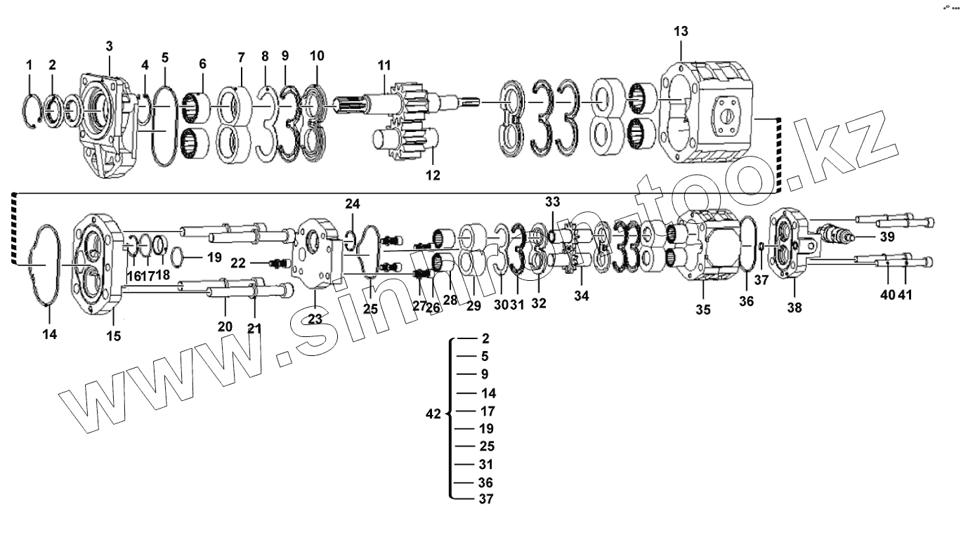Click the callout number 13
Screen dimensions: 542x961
[x=681, y=32]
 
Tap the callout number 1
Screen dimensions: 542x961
[x=30, y=65]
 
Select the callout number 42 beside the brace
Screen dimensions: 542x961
[x=434, y=414]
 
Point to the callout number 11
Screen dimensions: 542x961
[x=384, y=66]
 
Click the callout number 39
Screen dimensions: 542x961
[x=887, y=237]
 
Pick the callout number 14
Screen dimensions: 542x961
[x=48, y=335]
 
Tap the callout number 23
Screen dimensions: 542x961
[x=315, y=317]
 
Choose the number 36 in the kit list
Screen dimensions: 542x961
[x=485, y=483]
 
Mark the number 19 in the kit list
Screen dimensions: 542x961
[x=485, y=429]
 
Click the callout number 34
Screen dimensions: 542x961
[x=581, y=296]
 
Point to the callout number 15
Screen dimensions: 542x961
[x=113, y=336]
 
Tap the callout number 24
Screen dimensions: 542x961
[x=352, y=204]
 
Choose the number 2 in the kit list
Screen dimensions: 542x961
[x=485, y=338]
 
